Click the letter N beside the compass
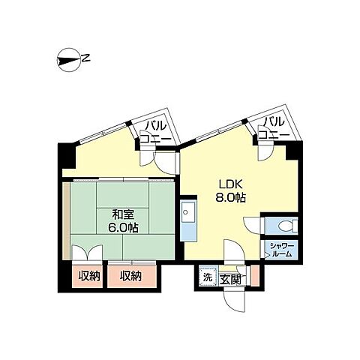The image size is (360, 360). tap(86, 58)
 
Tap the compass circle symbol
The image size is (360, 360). tap(69, 60)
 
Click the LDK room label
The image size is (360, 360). tap(231, 184)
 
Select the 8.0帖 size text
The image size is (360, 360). tap(230, 198)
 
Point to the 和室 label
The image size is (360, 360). tap(124, 214)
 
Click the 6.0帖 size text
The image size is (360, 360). tap(123, 228)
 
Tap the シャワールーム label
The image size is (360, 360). tap(281, 250)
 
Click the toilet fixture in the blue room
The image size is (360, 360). tap(287, 226)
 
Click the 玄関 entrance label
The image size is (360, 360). tap(230, 280)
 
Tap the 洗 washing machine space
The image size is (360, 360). tap(207, 277)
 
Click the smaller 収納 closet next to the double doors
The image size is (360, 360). tap(89, 276)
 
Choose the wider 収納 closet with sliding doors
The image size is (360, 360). tap(132, 276)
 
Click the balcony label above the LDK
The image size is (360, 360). tap(274, 128)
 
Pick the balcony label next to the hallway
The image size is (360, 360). tap(155, 132)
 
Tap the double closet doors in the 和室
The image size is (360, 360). tap(87, 253)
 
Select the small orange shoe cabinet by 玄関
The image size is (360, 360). tap(254, 275)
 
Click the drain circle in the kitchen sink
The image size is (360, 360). tap(185, 212)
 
